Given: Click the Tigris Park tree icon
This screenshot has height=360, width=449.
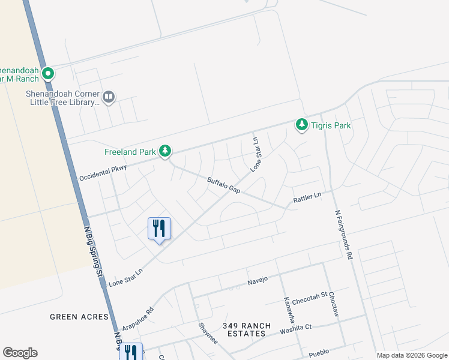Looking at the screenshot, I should pyautogui.click(x=301, y=125).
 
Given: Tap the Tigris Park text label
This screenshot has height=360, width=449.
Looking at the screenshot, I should pyautogui.click(x=330, y=125).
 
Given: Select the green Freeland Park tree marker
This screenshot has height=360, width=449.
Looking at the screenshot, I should pyautogui.click(x=165, y=152).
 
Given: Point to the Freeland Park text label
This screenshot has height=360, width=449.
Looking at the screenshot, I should pyautogui.click(x=130, y=152).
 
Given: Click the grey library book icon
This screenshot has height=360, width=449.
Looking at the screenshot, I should pyautogui.click(x=109, y=97).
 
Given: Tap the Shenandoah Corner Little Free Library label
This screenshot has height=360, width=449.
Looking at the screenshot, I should pyautogui.click(x=61, y=98).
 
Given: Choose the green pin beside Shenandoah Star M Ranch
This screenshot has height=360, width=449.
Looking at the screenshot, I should pyautogui.click(x=48, y=74).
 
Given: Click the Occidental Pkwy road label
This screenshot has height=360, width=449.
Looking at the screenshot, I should pyautogui.click(x=103, y=173).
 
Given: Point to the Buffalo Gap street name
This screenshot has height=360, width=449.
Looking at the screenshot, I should pyautogui.click(x=223, y=185).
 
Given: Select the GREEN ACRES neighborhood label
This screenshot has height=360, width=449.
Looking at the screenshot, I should pyautogui.click(x=79, y=317).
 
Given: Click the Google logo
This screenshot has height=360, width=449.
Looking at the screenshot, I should pyautogui.click(x=20, y=353).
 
